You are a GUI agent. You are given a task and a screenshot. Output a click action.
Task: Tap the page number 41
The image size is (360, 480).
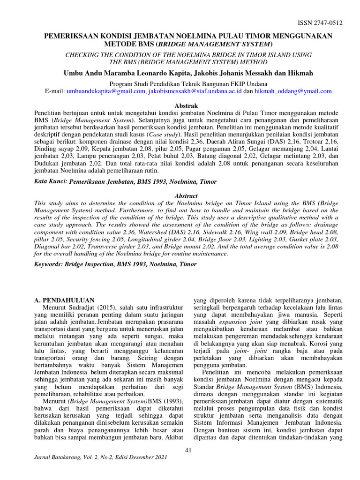pos(190,450)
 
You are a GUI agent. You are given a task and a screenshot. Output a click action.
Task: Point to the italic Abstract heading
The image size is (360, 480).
pos(186,195)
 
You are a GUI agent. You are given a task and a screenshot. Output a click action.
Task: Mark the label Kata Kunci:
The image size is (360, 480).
pos(51,181)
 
